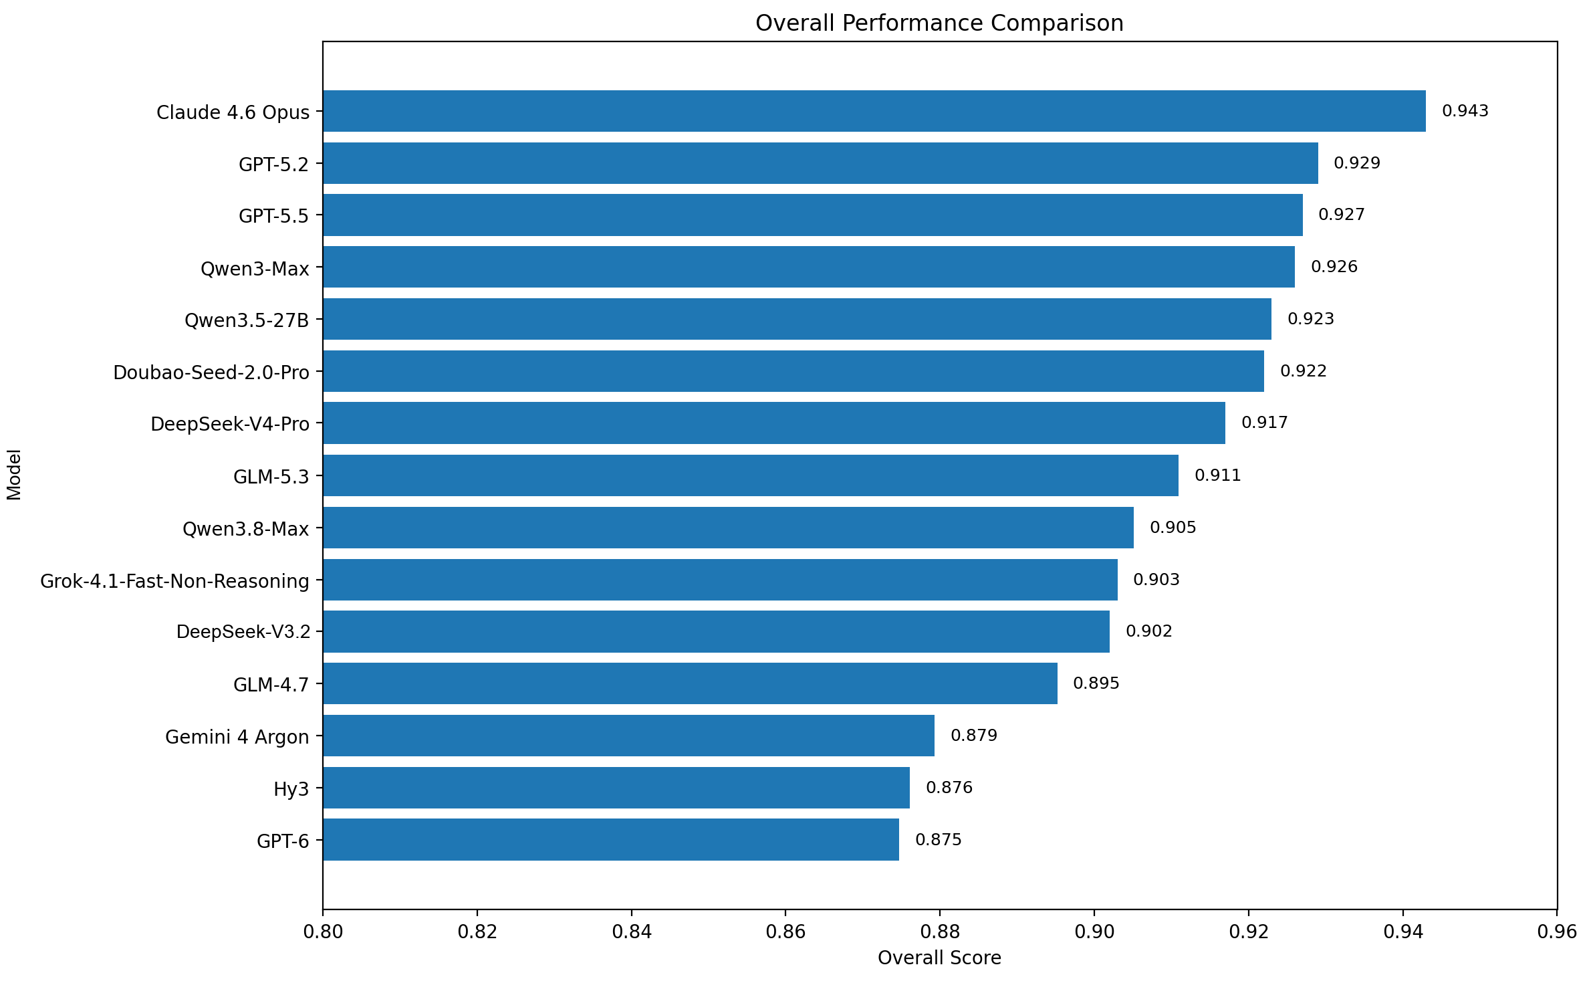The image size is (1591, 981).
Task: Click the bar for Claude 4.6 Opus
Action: click(x=874, y=111)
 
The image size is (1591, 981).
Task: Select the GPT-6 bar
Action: click(x=611, y=839)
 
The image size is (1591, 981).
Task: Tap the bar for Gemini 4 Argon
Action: click(x=629, y=736)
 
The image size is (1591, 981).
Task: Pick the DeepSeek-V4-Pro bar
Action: click(x=774, y=423)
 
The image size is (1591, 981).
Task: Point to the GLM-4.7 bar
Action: click(x=691, y=683)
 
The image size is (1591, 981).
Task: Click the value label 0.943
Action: click(x=1465, y=111)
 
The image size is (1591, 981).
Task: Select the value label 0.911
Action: click(x=1218, y=475)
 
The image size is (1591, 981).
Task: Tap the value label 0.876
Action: click(x=949, y=788)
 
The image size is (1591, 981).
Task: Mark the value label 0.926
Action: click(x=1334, y=267)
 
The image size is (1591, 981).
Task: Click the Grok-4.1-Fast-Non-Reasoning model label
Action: click(x=175, y=581)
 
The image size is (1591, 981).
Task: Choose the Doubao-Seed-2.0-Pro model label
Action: click(x=211, y=372)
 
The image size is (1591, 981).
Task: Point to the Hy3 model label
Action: click(x=291, y=789)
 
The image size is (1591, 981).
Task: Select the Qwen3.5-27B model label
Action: click(x=247, y=320)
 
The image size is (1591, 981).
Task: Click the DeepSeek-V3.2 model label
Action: click(x=243, y=632)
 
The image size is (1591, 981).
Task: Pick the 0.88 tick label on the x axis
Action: click(x=940, y=932)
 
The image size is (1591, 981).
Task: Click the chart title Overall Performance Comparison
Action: click(x=939, y=23)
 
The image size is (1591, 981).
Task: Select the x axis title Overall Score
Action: click(x=939, y=958)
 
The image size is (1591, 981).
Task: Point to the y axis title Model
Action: click(x=14, y=475)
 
